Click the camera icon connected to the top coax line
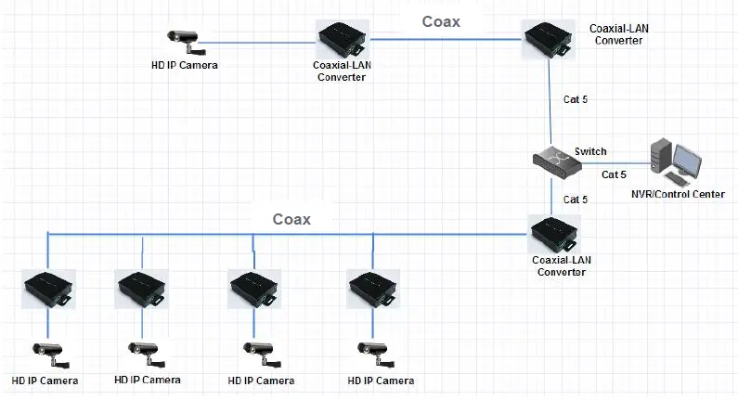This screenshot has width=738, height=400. pyautogui.click(x=184, y=38)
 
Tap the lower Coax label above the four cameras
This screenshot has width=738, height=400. pyautogui.click(x=291, y=219)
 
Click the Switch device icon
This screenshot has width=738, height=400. pyautogui.click(x=556, y=160)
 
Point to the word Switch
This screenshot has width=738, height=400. pyautogui.click(x=590, y=151)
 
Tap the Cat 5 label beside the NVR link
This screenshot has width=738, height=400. pyautogui.click(x=614, y=174)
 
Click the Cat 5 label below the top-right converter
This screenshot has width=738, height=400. pyautogui.click(x=576, y=98)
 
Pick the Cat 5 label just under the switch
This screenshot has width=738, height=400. pyautogui.click(x=576, y=200)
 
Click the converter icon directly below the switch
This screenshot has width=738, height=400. pyautogui.click(x=554, y=233)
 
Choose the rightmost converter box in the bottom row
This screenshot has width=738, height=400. pyautogui.click(x=373, y=290)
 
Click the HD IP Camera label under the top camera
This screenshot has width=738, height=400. pyautogui.click(x=185, y=65)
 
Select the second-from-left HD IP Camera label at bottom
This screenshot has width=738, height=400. pyautogui.click(x=148, y=380)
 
